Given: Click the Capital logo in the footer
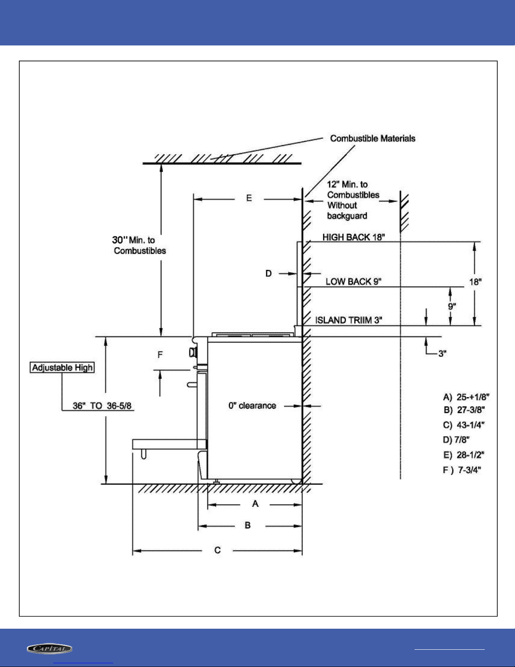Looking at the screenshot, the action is [50, 648].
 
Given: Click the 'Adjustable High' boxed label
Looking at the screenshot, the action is [62, 367].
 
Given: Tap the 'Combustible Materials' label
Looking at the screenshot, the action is [372, 138].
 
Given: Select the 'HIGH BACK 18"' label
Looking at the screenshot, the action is [354, 237].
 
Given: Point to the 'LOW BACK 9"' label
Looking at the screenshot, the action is [353, 282].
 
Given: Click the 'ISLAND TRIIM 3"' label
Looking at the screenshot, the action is [349, 320].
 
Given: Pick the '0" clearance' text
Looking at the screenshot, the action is [252, 406].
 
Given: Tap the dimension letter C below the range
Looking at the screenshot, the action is [217, 550].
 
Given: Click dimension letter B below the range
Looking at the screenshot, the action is [248, 525].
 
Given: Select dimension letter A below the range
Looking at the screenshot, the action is [255, 503].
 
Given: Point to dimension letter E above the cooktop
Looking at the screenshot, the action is [249, 198].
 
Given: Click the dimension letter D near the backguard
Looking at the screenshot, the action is [269, 273].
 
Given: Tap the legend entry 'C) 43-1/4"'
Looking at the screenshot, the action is [463, 425].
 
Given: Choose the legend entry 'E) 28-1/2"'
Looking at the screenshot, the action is [463, 455].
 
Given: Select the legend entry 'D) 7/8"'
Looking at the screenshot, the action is [456, 440].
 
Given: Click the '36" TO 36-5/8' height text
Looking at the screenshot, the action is [102, 406].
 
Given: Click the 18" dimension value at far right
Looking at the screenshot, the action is [475, 282].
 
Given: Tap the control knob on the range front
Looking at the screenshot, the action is [193, 352].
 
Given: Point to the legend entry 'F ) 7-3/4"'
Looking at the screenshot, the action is [462, 470].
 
